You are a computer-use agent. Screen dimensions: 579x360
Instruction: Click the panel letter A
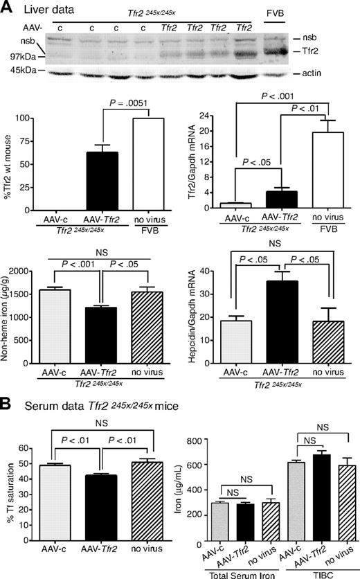[7, 8]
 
